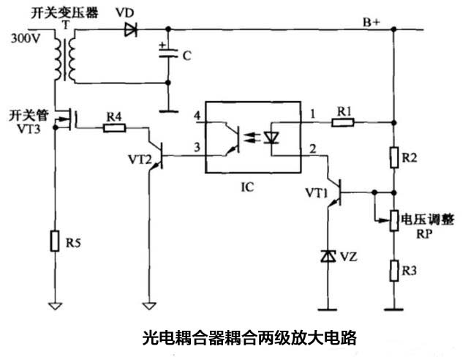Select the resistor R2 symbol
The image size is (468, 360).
[x=393, y=157]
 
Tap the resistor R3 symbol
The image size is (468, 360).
[x=393, y=271]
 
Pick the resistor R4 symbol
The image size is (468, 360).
[x=114, y=128]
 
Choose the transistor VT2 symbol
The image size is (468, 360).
[x=154, y=155]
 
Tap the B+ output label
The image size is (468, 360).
[x=373, y=22]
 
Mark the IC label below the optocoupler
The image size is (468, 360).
[x=248, y=187]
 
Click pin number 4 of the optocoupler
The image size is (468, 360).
[x=196, y=116]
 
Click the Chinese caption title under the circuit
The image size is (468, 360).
[x=248, y=338]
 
